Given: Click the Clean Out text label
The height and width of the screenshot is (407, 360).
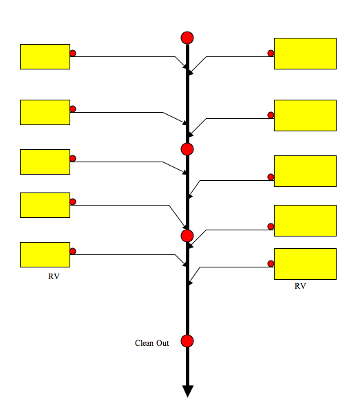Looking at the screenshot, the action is (152, 343).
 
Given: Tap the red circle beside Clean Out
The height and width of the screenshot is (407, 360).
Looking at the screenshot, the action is (187, 341).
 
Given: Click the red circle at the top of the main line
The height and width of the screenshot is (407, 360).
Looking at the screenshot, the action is (187, 38).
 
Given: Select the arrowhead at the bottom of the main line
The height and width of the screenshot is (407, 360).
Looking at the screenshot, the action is (188, 391).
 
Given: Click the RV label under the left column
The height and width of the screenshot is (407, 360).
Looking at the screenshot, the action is (54, 276).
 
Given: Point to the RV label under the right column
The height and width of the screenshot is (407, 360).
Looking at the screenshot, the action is (300, 286).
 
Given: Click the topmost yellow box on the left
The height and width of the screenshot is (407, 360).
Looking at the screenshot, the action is (45, 56).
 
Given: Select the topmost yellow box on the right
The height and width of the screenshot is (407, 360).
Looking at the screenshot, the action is (305, 54).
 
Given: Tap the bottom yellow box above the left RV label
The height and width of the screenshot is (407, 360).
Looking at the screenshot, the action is (45, 254).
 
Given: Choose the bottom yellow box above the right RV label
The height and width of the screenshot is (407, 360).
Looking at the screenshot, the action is (305, 264).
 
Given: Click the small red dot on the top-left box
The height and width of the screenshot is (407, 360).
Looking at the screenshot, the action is (73, 53).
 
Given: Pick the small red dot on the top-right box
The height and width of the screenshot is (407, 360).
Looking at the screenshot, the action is (271, 53).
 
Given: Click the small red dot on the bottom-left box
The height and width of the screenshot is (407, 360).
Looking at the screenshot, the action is (73, 251).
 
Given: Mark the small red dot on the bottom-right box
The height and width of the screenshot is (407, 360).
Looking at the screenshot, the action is (271, 264).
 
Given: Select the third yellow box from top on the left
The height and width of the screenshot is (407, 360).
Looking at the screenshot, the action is (45, 162).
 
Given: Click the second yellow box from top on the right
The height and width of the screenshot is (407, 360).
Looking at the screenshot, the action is (305, 115).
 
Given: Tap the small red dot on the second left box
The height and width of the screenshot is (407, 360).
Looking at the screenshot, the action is (73, 109).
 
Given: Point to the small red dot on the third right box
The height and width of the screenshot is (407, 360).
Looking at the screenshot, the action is (271, 177).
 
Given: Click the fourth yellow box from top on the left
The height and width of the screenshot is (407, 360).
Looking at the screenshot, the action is (45, 205).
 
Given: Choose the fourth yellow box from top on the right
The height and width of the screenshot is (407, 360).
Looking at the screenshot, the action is (305, 221).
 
